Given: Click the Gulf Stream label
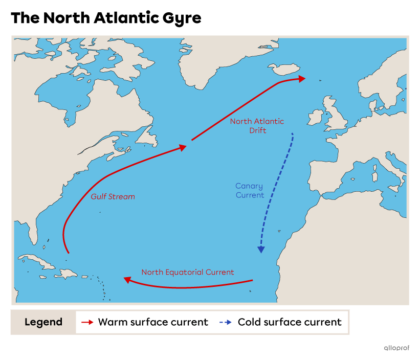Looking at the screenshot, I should point(113,196).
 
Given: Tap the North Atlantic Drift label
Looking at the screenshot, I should point(257,126).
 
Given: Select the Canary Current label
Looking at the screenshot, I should point(250,191).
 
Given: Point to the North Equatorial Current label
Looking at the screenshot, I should point(188,272).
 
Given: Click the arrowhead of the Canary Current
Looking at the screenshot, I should point(261,250).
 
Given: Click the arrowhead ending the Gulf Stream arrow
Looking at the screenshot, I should point(183,147).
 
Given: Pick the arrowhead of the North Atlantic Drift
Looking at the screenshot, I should point(302,78).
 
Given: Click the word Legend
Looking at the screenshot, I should point(43,322).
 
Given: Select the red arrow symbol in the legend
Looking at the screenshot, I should point(87,322).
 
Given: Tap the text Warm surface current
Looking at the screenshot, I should point(153,322).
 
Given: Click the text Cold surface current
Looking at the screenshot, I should point(290,322).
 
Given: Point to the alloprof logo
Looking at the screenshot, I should point(396,348).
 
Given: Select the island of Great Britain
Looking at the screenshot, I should point(335,118).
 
